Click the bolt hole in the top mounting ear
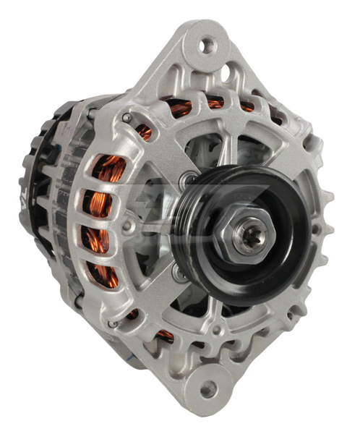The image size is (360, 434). point(207,46)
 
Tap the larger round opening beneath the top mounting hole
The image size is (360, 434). point(225,72)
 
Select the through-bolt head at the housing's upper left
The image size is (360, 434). point(127,118)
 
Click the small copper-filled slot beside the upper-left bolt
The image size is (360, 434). point(145,132)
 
